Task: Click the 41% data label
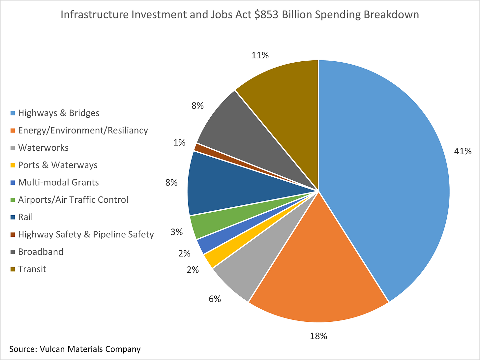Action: point(463,151)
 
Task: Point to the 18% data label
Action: point(318,336)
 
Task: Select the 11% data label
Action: point(260,55)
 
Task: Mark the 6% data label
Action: point(215,299)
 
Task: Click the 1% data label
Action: point(179,142)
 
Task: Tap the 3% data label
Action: point(176,232)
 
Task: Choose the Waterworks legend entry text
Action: point(43,148)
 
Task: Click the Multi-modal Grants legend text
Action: point(58,182)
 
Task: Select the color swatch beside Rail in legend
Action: point(13,217)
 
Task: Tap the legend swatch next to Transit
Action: point(13,269)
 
